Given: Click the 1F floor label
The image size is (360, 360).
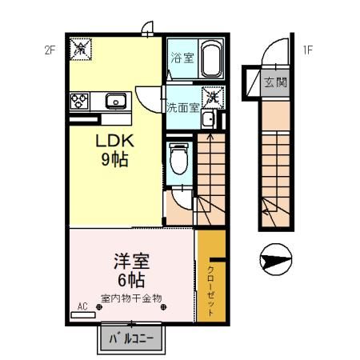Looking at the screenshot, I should [306, 50].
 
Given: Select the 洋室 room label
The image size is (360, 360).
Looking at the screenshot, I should [128, 262].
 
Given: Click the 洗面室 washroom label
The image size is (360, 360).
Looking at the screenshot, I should [182, 107].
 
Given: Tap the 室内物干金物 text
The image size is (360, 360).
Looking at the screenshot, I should [130, 298].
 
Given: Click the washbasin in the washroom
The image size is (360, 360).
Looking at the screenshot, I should [208, 121].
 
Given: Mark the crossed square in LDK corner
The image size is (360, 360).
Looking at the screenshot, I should [81, 50].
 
